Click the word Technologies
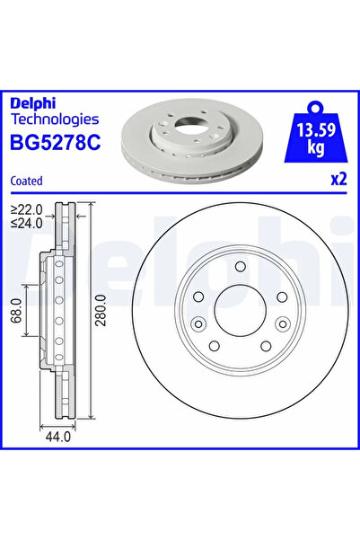pyautogui.click(x=55, y=118)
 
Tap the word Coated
pyautogui.click(x=27, y=181)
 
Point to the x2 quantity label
pyautogui.click(x=338, y=178)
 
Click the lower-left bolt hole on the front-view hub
pyautogui.click(x=215, y=345)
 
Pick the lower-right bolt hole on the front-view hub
pyautogui.click(x=265, y=345)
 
